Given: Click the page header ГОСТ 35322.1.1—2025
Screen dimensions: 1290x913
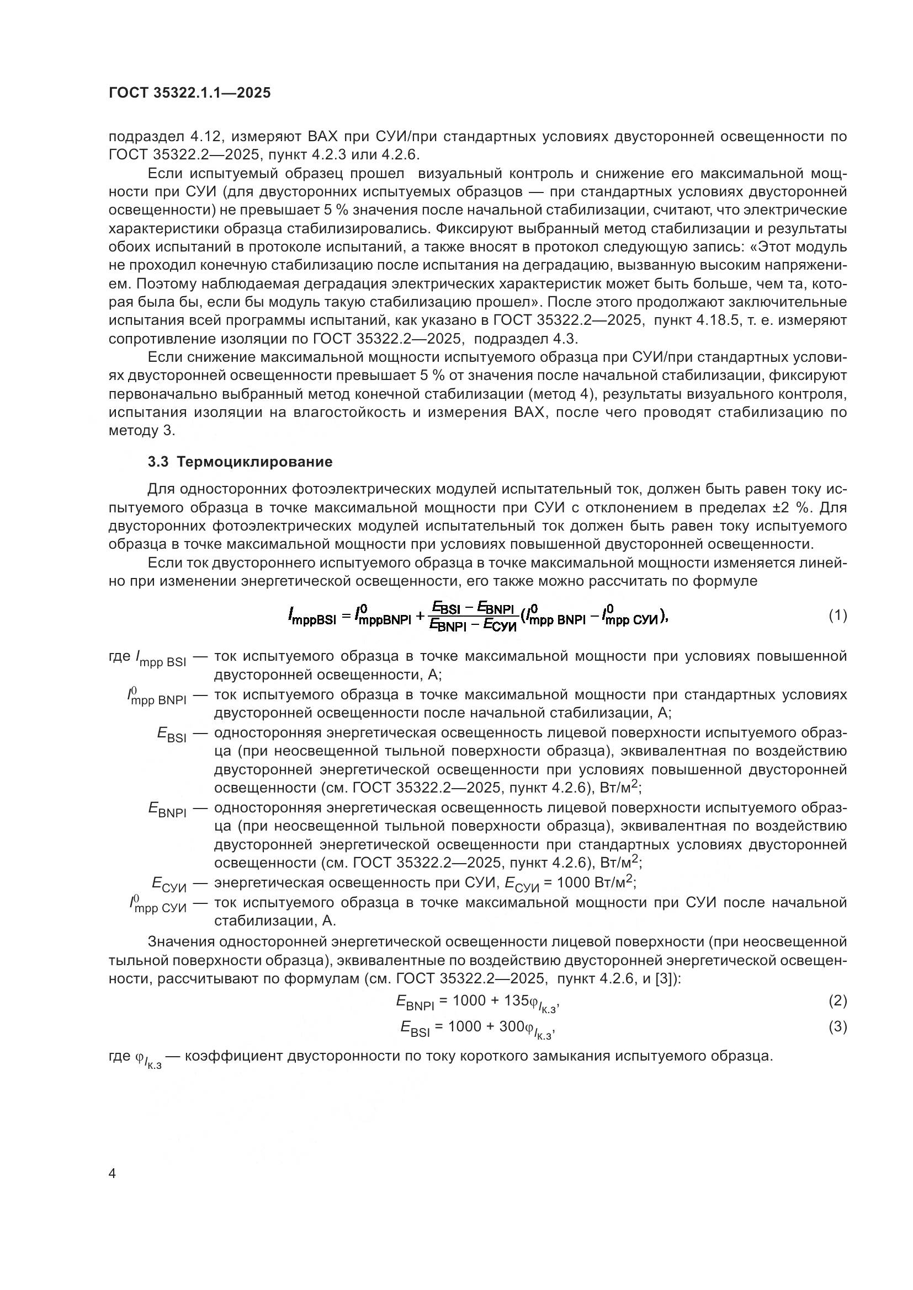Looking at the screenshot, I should coord(189,93).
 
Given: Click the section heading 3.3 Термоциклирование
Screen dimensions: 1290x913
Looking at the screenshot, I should coord(240,461).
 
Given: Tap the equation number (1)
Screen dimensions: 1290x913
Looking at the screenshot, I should coord(838,616).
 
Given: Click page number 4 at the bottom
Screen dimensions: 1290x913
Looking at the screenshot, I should coord(113,1174).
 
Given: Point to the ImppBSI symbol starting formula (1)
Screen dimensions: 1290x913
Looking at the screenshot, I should coord(311,618).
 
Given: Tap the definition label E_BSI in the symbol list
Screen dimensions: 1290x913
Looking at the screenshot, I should coord(172,734).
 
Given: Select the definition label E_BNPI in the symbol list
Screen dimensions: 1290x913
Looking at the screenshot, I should coord(168,810).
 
